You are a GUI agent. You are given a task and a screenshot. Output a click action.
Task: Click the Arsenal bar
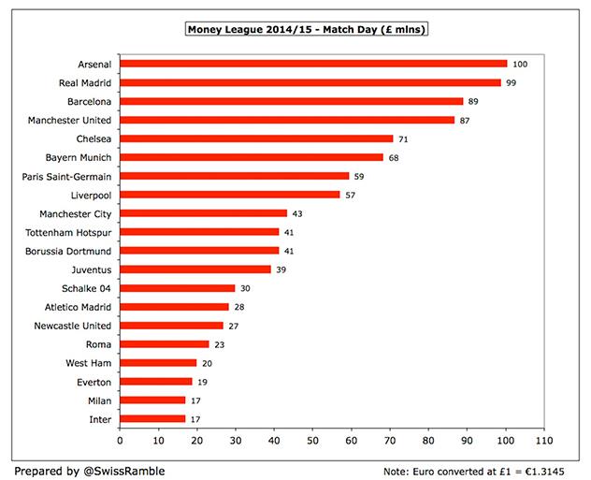(x=313, y=64)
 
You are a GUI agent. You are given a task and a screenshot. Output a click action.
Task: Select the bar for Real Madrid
(x=311, y=82)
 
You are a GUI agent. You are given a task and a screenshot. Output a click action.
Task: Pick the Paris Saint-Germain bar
(x=235, y=176)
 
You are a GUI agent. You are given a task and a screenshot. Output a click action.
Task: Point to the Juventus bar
(x=195, y=269)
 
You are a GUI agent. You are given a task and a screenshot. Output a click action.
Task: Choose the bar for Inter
(x=153, y=419)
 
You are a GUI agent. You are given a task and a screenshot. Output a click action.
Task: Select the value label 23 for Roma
(x=219, y=344)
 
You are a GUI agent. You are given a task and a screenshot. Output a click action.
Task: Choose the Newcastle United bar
(x=172, y=326)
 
